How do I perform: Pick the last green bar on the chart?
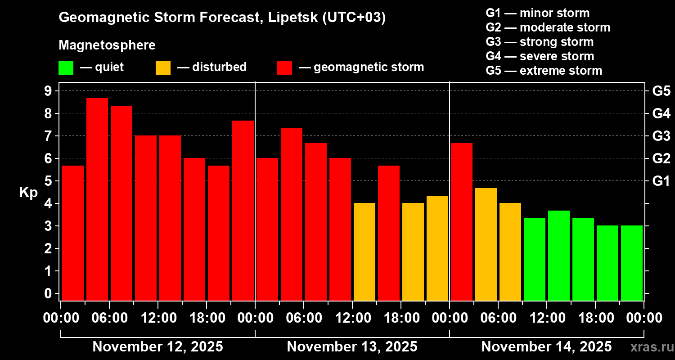click(x=632, y=263)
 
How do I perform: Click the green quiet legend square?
click(x=66, y=68)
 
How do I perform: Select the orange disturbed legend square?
click(x=163, y=68)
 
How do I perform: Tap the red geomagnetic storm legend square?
click(x=284, y=68)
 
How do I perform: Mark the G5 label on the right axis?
click(x=661, y=91)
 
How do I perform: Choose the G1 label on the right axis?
click(x=661, y=181)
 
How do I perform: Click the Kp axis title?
click(x=28, y=193)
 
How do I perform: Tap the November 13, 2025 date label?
click(x=352, y=347)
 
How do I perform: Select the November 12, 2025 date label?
click(x=157, y=347)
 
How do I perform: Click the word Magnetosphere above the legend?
click(x=107, y=45)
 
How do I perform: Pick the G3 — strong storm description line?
click(x=540, y=42)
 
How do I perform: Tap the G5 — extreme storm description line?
click(x=544, y=71)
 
